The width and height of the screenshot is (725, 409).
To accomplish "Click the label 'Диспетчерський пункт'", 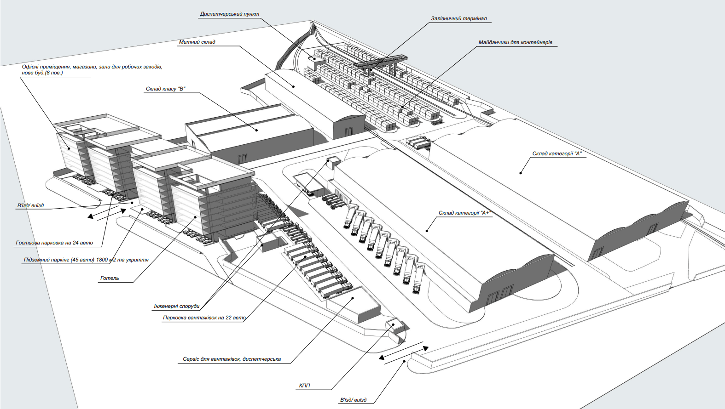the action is tap(230, 14).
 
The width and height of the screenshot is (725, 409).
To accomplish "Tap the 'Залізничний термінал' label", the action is tap(458, 18).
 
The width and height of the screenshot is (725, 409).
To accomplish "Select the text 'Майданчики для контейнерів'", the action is tap(515, 42).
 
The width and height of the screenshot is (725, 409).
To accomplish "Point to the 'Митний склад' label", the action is tap(197, 42).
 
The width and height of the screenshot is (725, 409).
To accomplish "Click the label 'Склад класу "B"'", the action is tap(165, 89).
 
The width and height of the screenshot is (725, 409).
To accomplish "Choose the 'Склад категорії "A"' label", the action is tap(557, 153).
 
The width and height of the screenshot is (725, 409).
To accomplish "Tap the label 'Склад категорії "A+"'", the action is tap(465, 213).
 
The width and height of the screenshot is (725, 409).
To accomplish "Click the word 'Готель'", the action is tap(110, 278).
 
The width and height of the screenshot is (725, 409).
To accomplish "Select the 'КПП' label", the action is tap(304, 386).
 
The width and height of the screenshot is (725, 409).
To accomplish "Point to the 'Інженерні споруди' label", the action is tap(177, 306).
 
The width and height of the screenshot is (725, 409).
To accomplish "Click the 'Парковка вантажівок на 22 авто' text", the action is tap(204, 318).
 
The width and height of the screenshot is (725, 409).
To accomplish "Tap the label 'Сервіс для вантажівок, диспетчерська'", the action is tap(232, 359).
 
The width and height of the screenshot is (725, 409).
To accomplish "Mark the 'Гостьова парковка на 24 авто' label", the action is tap(54, 243).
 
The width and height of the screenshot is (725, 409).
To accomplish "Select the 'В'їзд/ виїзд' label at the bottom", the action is tap(353, 400).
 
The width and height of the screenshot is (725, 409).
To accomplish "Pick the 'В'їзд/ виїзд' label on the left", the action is tap(30, 205).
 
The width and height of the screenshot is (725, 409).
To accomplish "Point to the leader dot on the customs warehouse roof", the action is tap(294, 86).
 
